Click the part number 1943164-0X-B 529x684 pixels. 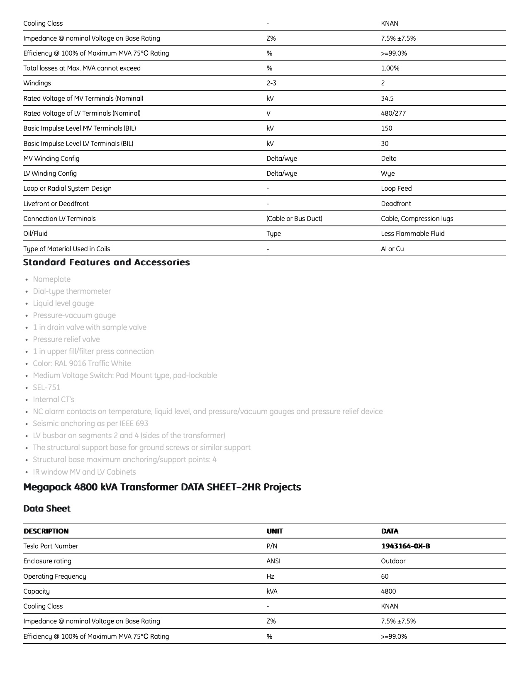[x=405, y=546]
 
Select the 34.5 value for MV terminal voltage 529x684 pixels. [x=387, y=98]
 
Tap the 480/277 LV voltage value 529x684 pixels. [x=393, y=113]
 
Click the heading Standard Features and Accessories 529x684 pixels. [x=107, y=262]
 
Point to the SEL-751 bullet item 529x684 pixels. [x=46, y=388]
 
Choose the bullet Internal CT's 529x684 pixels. [x=54, y=400]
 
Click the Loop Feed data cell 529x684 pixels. [x=396, y=188]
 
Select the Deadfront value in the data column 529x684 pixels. [x=396, y=204]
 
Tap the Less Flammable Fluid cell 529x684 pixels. [x=412, y=233]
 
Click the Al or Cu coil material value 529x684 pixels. [x=392, y=249]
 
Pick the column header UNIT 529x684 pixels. [x=275, y=531]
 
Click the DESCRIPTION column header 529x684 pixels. [x=46, y=531]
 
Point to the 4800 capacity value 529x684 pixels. [x=388, y=591]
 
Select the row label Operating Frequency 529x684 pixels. [x=55, y=576]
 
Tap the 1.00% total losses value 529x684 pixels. [x=390, y=68]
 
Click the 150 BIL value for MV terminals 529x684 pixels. [x=386, y=128]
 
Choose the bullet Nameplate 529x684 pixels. [x=52, y=279]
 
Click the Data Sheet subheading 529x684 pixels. [x=47, y=509]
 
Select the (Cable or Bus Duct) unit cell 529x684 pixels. [x=294, y=218]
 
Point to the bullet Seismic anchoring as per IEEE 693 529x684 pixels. [x=90, y=424]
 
